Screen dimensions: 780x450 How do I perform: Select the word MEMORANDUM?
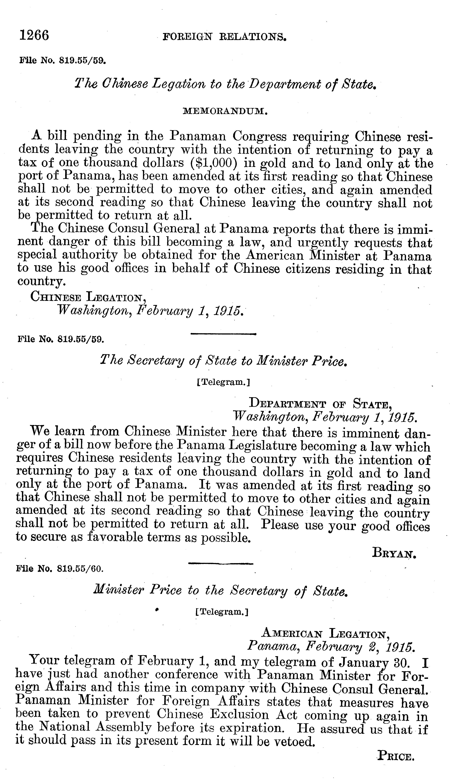[x=225, y=111]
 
